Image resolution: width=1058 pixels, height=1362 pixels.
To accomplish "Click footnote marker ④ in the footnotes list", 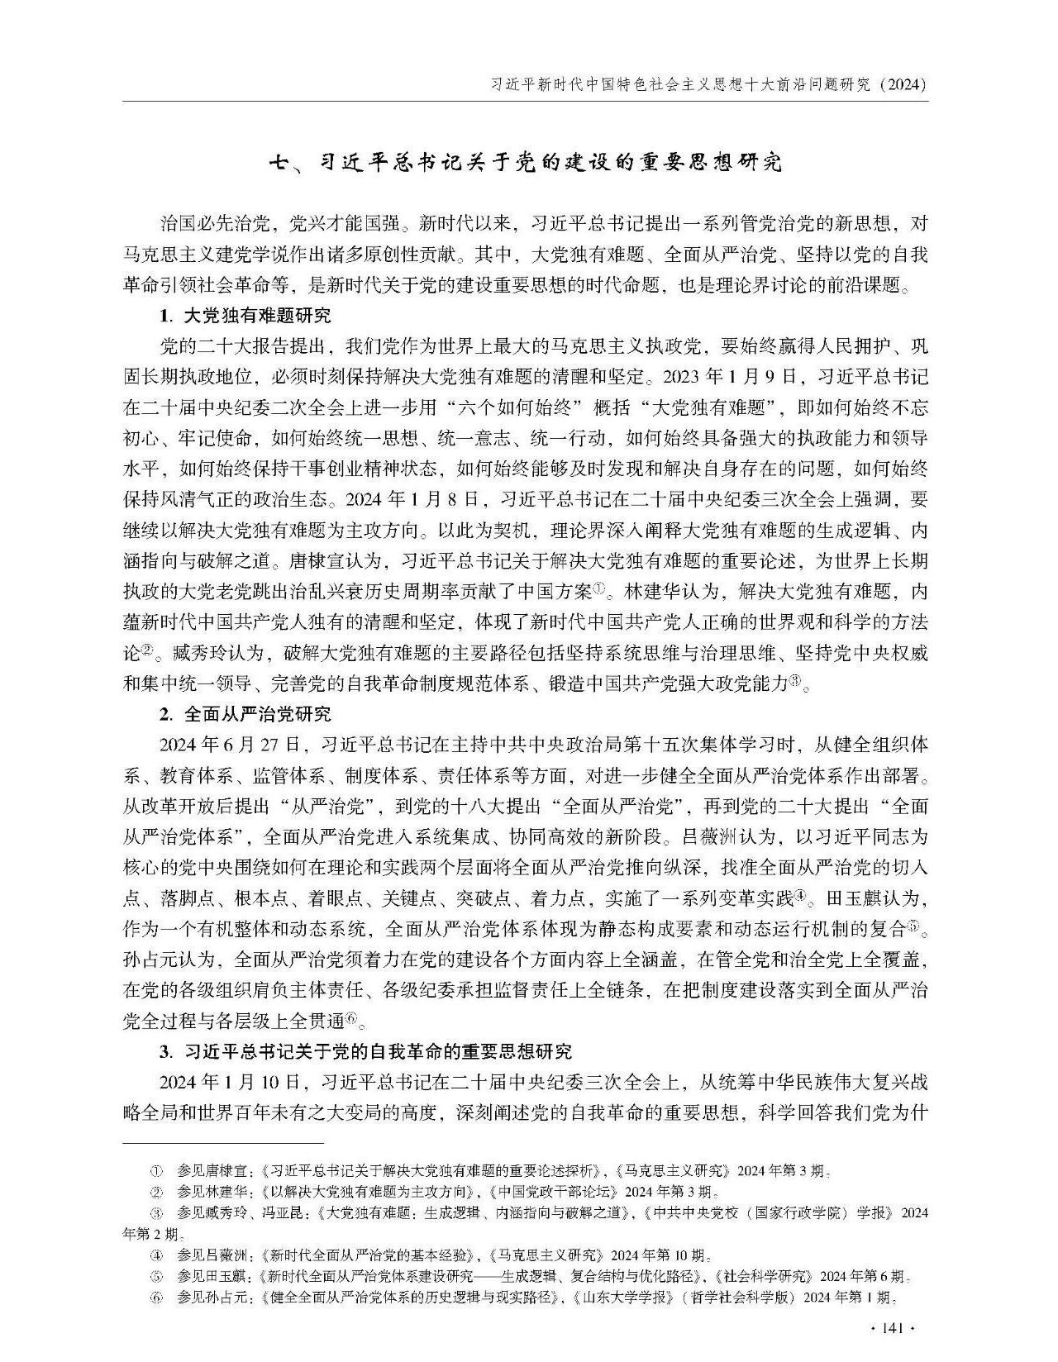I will click(155, 1254).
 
